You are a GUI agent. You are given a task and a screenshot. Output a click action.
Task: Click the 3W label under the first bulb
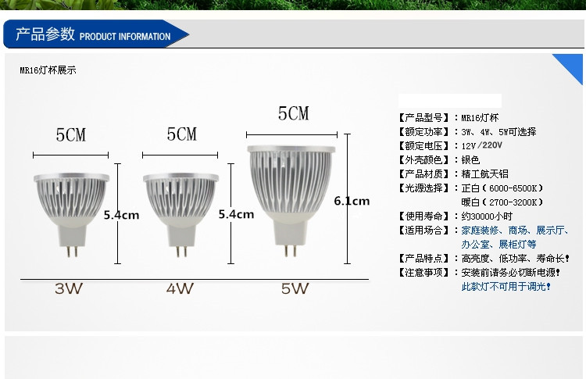pyautogui.click(x=69, y=288)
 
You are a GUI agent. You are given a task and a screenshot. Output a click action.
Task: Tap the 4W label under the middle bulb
pyautogui.click(x=180, y=288)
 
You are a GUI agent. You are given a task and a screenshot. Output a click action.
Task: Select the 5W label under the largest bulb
pyautogui.click(x=295, y=288)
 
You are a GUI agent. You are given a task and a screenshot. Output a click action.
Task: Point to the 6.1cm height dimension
pyautogui.click(x=352, y=201)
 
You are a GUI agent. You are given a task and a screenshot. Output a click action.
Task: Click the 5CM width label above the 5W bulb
pyautogui.click(x=293, y=113)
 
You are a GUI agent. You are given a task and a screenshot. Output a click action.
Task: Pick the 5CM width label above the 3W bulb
pyautogui.click(x=71, y=135)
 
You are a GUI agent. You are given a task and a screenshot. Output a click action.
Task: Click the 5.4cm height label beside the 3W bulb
pyautogui.click(x=121, y=215)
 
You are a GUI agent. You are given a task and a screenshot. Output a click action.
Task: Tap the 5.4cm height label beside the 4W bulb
pyautogui.click(x=236, y=214)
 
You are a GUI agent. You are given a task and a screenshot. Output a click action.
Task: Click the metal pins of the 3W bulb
pyautogui.click(x=72, y=251)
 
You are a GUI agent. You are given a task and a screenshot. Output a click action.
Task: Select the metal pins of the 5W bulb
pyautogui.click(x=290, y=250)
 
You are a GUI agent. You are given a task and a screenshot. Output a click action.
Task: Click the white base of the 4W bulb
pyautogui.click(x=181, y=233)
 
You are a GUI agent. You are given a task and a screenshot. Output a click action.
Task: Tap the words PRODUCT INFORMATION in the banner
pyautogui.click(x=125, y=37)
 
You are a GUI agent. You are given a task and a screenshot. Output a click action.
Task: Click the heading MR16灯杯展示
pyautogui.click(x=48, y=70)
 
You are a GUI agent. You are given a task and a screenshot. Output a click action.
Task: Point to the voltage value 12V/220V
pyautogui.click(x=482, y=145)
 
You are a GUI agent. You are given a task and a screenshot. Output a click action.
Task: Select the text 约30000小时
pyautogui.click(x=487, y=216)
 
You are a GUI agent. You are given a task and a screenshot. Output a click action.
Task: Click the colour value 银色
pyautogui.click(x=470, y=159)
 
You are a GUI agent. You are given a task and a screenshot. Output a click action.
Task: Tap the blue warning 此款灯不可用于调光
pyautogui.click(x=506, y=287)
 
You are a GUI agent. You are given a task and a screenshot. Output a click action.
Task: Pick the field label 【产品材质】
pyautogui.click(x=423, y=173)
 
